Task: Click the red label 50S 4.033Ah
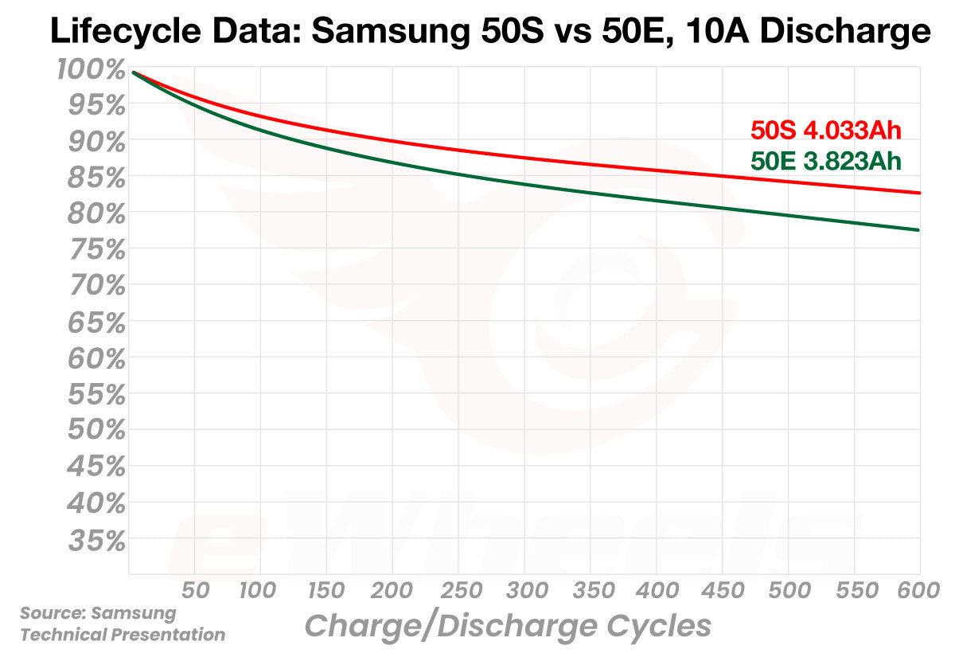coord(825,131)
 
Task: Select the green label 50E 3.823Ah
coord(825,162)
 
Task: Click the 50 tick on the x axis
coord(195,592)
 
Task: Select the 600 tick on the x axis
coord(919,592)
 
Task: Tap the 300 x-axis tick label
coord(524,592)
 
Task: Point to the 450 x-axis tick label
coord(721,592)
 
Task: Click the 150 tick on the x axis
coord(326,592)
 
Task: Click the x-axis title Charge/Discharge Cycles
coord(508,626)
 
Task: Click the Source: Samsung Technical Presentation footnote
coord(122,624)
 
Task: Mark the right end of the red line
coord(920,193)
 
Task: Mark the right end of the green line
coord(920,230)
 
